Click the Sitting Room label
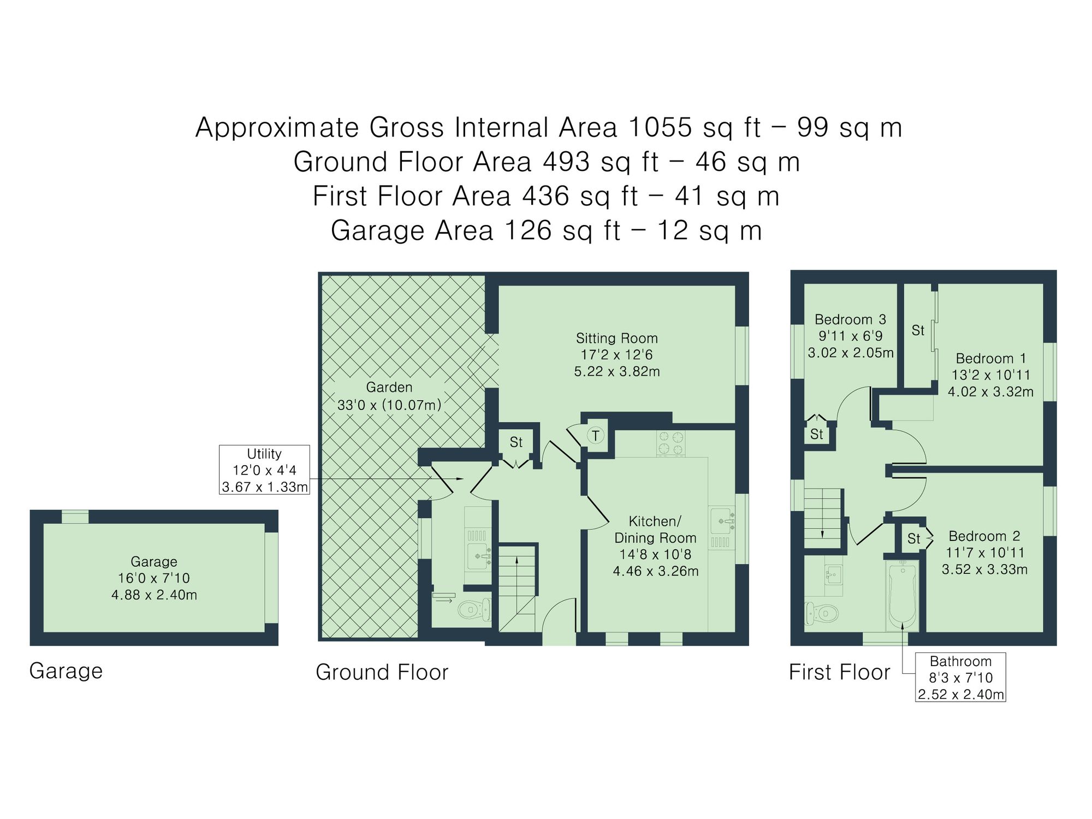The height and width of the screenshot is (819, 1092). [616, 339]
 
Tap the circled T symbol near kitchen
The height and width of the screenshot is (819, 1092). [595, 436]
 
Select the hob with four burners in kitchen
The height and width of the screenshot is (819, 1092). [670, 443]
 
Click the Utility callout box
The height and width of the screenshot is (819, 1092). [264, 470]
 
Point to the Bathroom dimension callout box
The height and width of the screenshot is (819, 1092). [960, 678]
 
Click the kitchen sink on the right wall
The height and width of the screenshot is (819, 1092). [721, 520]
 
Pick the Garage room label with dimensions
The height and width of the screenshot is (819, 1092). [154, 578]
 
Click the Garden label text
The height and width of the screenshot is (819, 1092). [389, 388]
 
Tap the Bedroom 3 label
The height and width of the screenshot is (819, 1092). [850, 320]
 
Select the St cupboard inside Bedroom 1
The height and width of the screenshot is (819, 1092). [917, 331]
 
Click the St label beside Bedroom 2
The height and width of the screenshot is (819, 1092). [913, 539]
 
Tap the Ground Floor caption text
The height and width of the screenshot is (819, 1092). [382, 672]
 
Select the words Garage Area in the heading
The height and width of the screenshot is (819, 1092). [412, 230]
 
